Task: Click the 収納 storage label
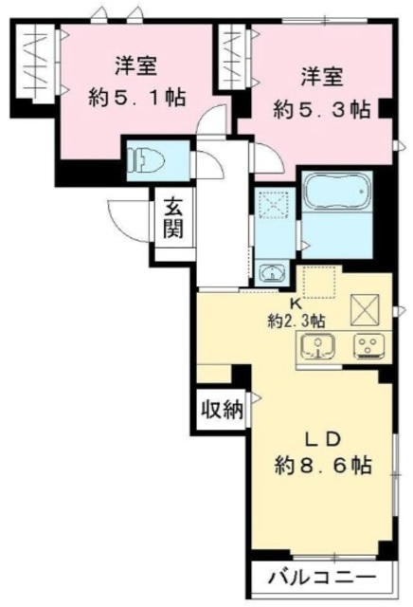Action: tap(222, 410)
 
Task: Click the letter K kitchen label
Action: tap(295, 304)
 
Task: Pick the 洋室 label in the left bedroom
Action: tap(136, 67)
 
